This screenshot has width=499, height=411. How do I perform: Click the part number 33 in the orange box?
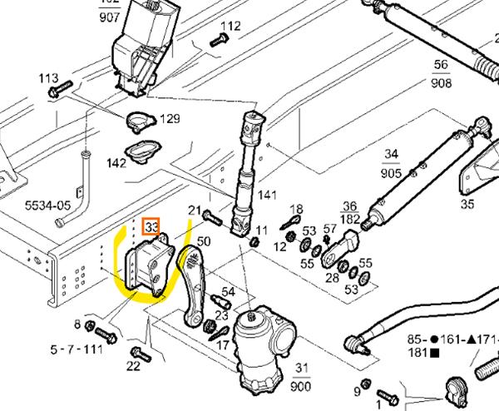coord(152,226)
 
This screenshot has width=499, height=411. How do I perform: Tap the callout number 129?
coord(170,119)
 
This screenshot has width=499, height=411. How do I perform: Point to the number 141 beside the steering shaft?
coord(266,196)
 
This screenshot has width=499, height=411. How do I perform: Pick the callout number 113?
coord(48,78)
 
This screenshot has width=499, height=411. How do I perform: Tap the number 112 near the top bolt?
coord(230,26)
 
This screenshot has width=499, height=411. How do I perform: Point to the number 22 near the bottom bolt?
coord(133,366)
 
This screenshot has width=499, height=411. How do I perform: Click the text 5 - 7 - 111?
coord(77,349)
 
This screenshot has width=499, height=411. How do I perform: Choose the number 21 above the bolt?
coord(195,210)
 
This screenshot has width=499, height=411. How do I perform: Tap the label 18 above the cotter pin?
coord(296,209)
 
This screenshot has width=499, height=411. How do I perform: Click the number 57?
coord(329,228)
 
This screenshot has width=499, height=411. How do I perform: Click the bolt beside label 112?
coord(219,39)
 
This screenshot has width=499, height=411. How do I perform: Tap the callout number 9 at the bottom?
coord(357,391)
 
